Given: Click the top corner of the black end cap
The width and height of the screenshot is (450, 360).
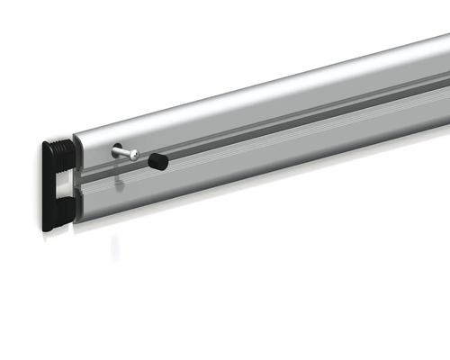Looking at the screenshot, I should [x=46, y=141].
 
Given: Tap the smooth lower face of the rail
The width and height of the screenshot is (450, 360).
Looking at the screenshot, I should [x=270, y=166].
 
